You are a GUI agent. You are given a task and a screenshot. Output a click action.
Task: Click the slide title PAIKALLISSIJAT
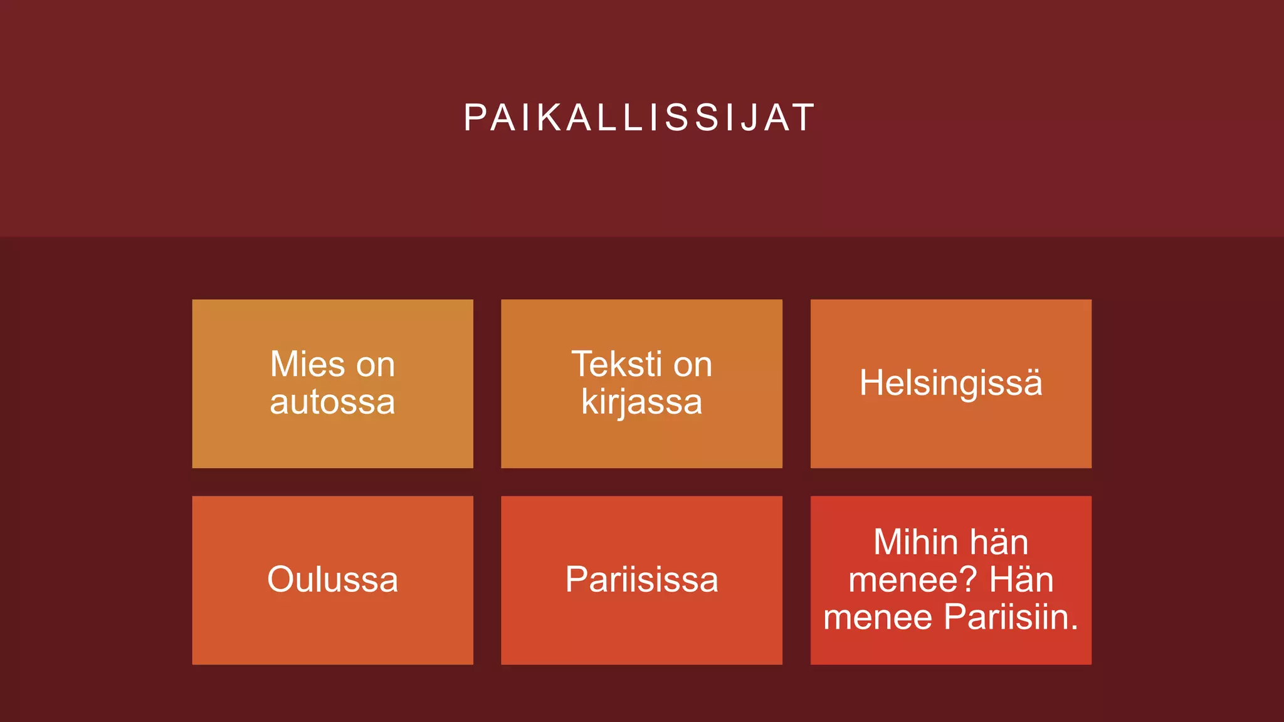coord(639,118)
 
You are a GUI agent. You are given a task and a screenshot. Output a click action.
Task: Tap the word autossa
coord(332,402)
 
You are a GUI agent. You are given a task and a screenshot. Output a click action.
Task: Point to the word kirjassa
coord(641,402)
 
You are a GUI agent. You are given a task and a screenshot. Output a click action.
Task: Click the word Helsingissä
coord(950,383)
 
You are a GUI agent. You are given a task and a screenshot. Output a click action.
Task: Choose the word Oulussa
coord(332,580)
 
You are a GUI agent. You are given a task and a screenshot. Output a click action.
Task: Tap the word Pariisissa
coord(641,580)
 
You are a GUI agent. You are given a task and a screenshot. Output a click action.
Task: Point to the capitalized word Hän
coord(1021,580)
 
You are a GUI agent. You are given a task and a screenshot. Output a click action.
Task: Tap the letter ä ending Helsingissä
coord(1033,383)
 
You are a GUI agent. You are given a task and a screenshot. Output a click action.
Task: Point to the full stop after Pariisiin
coord(1075,627)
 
